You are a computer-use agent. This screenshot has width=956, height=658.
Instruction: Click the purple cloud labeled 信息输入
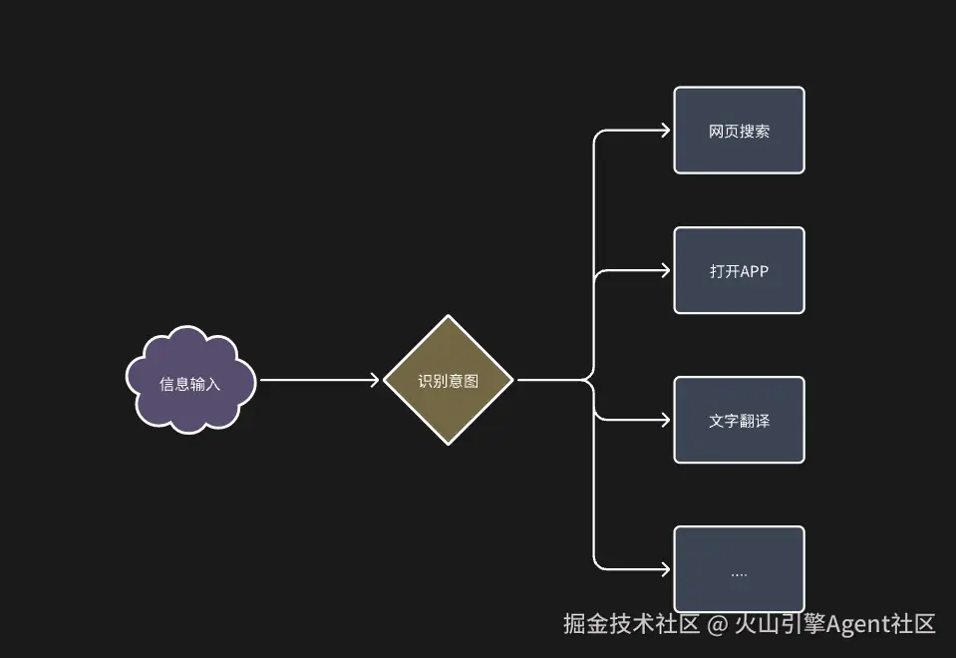[190, 380]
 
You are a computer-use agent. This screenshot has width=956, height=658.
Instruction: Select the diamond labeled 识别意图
[449, 380]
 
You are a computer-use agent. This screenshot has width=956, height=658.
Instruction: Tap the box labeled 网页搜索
[739, 131]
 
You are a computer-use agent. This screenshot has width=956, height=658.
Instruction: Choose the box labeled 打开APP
[739, 270]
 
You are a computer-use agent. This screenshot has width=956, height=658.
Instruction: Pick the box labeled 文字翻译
[739, 420]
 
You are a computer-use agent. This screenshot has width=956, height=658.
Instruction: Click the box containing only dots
[739, 569]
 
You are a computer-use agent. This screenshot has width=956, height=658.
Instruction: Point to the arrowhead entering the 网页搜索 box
[664, 131]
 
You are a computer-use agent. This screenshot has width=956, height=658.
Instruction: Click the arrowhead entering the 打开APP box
[664, 270]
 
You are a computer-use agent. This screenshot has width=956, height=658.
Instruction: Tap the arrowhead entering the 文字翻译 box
[664, 420]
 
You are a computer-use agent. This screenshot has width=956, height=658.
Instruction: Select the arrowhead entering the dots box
[664, 569]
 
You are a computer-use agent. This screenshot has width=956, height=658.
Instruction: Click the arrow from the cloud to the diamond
[319, 380]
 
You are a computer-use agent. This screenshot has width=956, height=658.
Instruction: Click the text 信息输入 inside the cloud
[190, 384]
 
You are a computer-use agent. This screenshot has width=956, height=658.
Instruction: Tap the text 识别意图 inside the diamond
[449, 381]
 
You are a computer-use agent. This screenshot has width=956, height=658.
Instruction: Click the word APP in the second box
[755, 271]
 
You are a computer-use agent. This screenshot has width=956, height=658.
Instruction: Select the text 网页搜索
[739, 132]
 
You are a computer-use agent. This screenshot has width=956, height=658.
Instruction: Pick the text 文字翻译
[739, 421]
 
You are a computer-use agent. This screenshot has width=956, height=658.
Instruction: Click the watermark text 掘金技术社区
[631, 625]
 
